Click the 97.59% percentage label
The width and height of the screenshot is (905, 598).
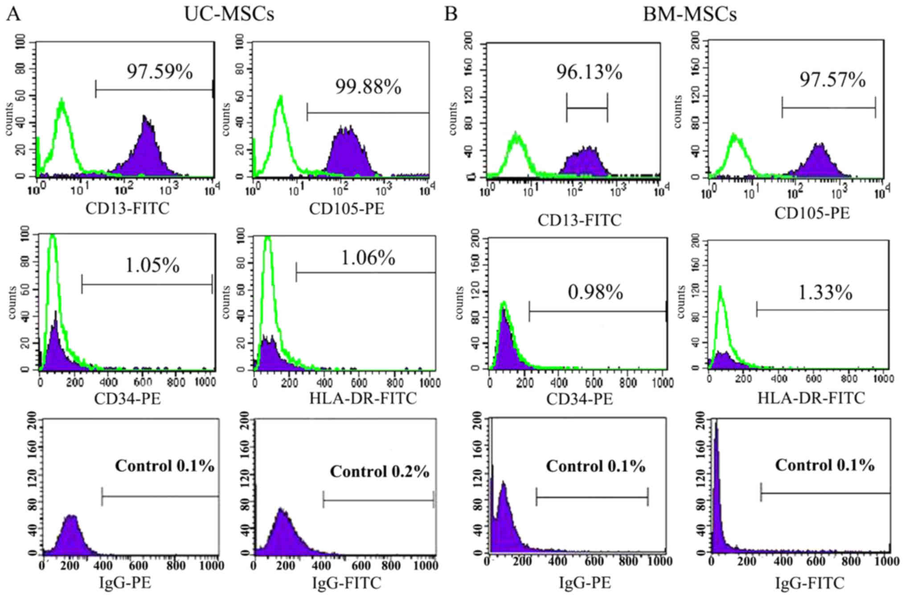point(160,72)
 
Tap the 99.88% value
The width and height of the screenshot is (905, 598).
point(368,87)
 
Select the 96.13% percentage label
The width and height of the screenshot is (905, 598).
point(589,72)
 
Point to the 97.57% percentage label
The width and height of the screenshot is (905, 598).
point(832,80)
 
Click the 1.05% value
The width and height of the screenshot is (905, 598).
point(152,265)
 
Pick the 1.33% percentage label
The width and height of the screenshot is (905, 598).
point(825,293)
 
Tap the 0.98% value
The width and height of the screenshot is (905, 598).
point(595,292)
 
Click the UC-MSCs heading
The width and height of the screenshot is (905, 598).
point(229,14)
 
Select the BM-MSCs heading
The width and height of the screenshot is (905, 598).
point(689,14)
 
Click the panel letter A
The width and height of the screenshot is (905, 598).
point(13,14)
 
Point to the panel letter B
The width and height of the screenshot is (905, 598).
point(451,14)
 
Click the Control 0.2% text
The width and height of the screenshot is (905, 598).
point(380,472)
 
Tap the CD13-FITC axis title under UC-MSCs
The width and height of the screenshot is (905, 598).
point(127,208)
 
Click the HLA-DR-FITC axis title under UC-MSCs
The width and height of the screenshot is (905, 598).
point(363,398)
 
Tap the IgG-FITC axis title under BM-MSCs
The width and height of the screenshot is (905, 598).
point(810,582)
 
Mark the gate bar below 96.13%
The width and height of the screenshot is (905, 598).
point(587,108)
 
